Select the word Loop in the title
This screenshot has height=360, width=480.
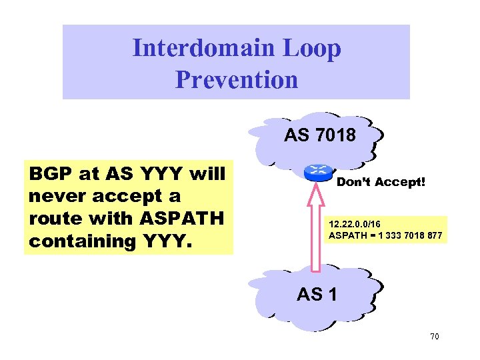click(315, 48)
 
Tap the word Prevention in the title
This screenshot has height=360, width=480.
click(237, 79)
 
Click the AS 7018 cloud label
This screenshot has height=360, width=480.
click(320, 136)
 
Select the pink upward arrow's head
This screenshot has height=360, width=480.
click(319, 193)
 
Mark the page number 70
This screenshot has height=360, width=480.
click(434, 337)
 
